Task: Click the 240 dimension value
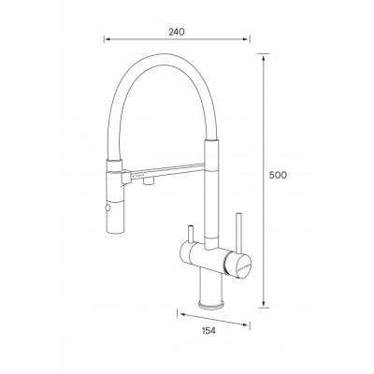177,32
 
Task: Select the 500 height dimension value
278,176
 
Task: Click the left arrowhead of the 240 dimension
107,39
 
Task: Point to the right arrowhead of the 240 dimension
247,39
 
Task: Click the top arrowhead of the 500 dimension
264,56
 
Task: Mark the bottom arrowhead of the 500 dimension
264,305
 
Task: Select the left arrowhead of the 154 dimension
180,314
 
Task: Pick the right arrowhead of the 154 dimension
247,324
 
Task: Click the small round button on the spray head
108,208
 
